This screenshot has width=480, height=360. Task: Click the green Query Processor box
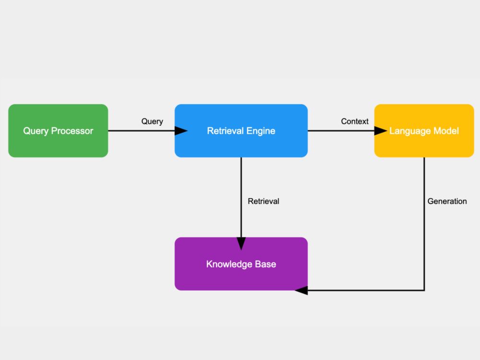[x=58, y=131]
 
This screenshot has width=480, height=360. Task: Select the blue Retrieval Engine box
[x=241, y=131]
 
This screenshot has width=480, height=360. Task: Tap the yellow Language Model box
[x=424, y=131]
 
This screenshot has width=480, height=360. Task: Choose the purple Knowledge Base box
[x=241, y=264]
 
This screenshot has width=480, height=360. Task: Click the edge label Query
[x=152, y=121]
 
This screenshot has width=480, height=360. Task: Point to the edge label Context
[x=355, y=121]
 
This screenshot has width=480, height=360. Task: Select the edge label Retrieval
[x=264, y=201]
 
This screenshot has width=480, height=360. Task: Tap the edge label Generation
[x=447, y=201]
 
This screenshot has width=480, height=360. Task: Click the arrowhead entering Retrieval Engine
[x=181, y=131]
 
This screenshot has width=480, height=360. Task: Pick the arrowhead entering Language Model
[x=381, y=131]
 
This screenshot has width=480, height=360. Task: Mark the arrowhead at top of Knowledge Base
[x=241, y=244]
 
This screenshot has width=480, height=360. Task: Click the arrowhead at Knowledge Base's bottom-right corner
[x=301, y=290]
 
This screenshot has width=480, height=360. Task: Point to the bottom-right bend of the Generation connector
[x=424, y=290]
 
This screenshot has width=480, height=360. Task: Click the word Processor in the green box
[x=72, y=131]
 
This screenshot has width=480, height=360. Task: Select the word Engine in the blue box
[x=261, y=131]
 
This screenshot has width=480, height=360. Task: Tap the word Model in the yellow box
[x=446, y=131]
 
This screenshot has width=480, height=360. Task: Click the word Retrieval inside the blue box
[x=225, y=131]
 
